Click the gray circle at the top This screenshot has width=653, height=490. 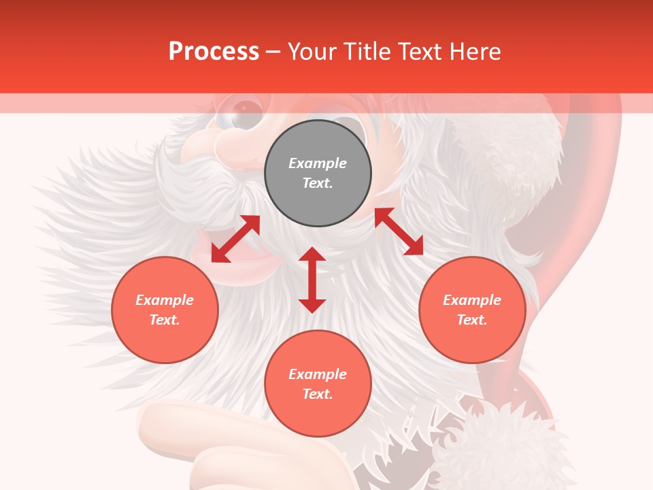click(318, 174)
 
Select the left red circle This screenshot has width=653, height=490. click(165, 310)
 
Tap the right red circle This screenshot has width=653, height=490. click(472, 310)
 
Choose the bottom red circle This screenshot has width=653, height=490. click(318, 384)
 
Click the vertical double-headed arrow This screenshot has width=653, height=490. click(312, 280)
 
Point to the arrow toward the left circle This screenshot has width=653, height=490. click(235, 239)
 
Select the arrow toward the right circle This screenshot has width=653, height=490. click(399, 231)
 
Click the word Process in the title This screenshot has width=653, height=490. click(214, 51)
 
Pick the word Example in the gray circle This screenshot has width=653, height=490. click(318, 163)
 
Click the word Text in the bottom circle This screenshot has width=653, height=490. click(316, 394)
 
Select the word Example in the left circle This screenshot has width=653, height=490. click(165, 300)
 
